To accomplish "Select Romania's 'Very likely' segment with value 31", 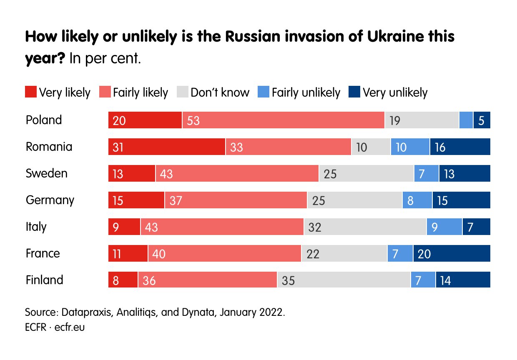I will coord(167,147).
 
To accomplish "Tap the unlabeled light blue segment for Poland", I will coord(466,120).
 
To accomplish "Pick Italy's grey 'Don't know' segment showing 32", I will coord(365,227).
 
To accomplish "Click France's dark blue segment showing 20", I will coord(452,254).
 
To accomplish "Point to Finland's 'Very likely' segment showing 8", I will coord(123,280).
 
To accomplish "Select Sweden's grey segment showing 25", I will coord(366,174).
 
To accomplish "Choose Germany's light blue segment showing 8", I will coord(417,200).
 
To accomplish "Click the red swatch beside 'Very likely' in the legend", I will coord(31,92).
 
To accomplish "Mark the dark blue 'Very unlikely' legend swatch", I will coord(354,92).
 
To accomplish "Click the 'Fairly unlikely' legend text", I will coord(306,92).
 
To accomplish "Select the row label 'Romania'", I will coord(49,147).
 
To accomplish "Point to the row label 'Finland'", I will coord(44,280).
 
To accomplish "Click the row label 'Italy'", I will coord(36,227).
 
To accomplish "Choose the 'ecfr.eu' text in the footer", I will coord(70,327).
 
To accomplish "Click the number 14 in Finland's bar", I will coord(445,281).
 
